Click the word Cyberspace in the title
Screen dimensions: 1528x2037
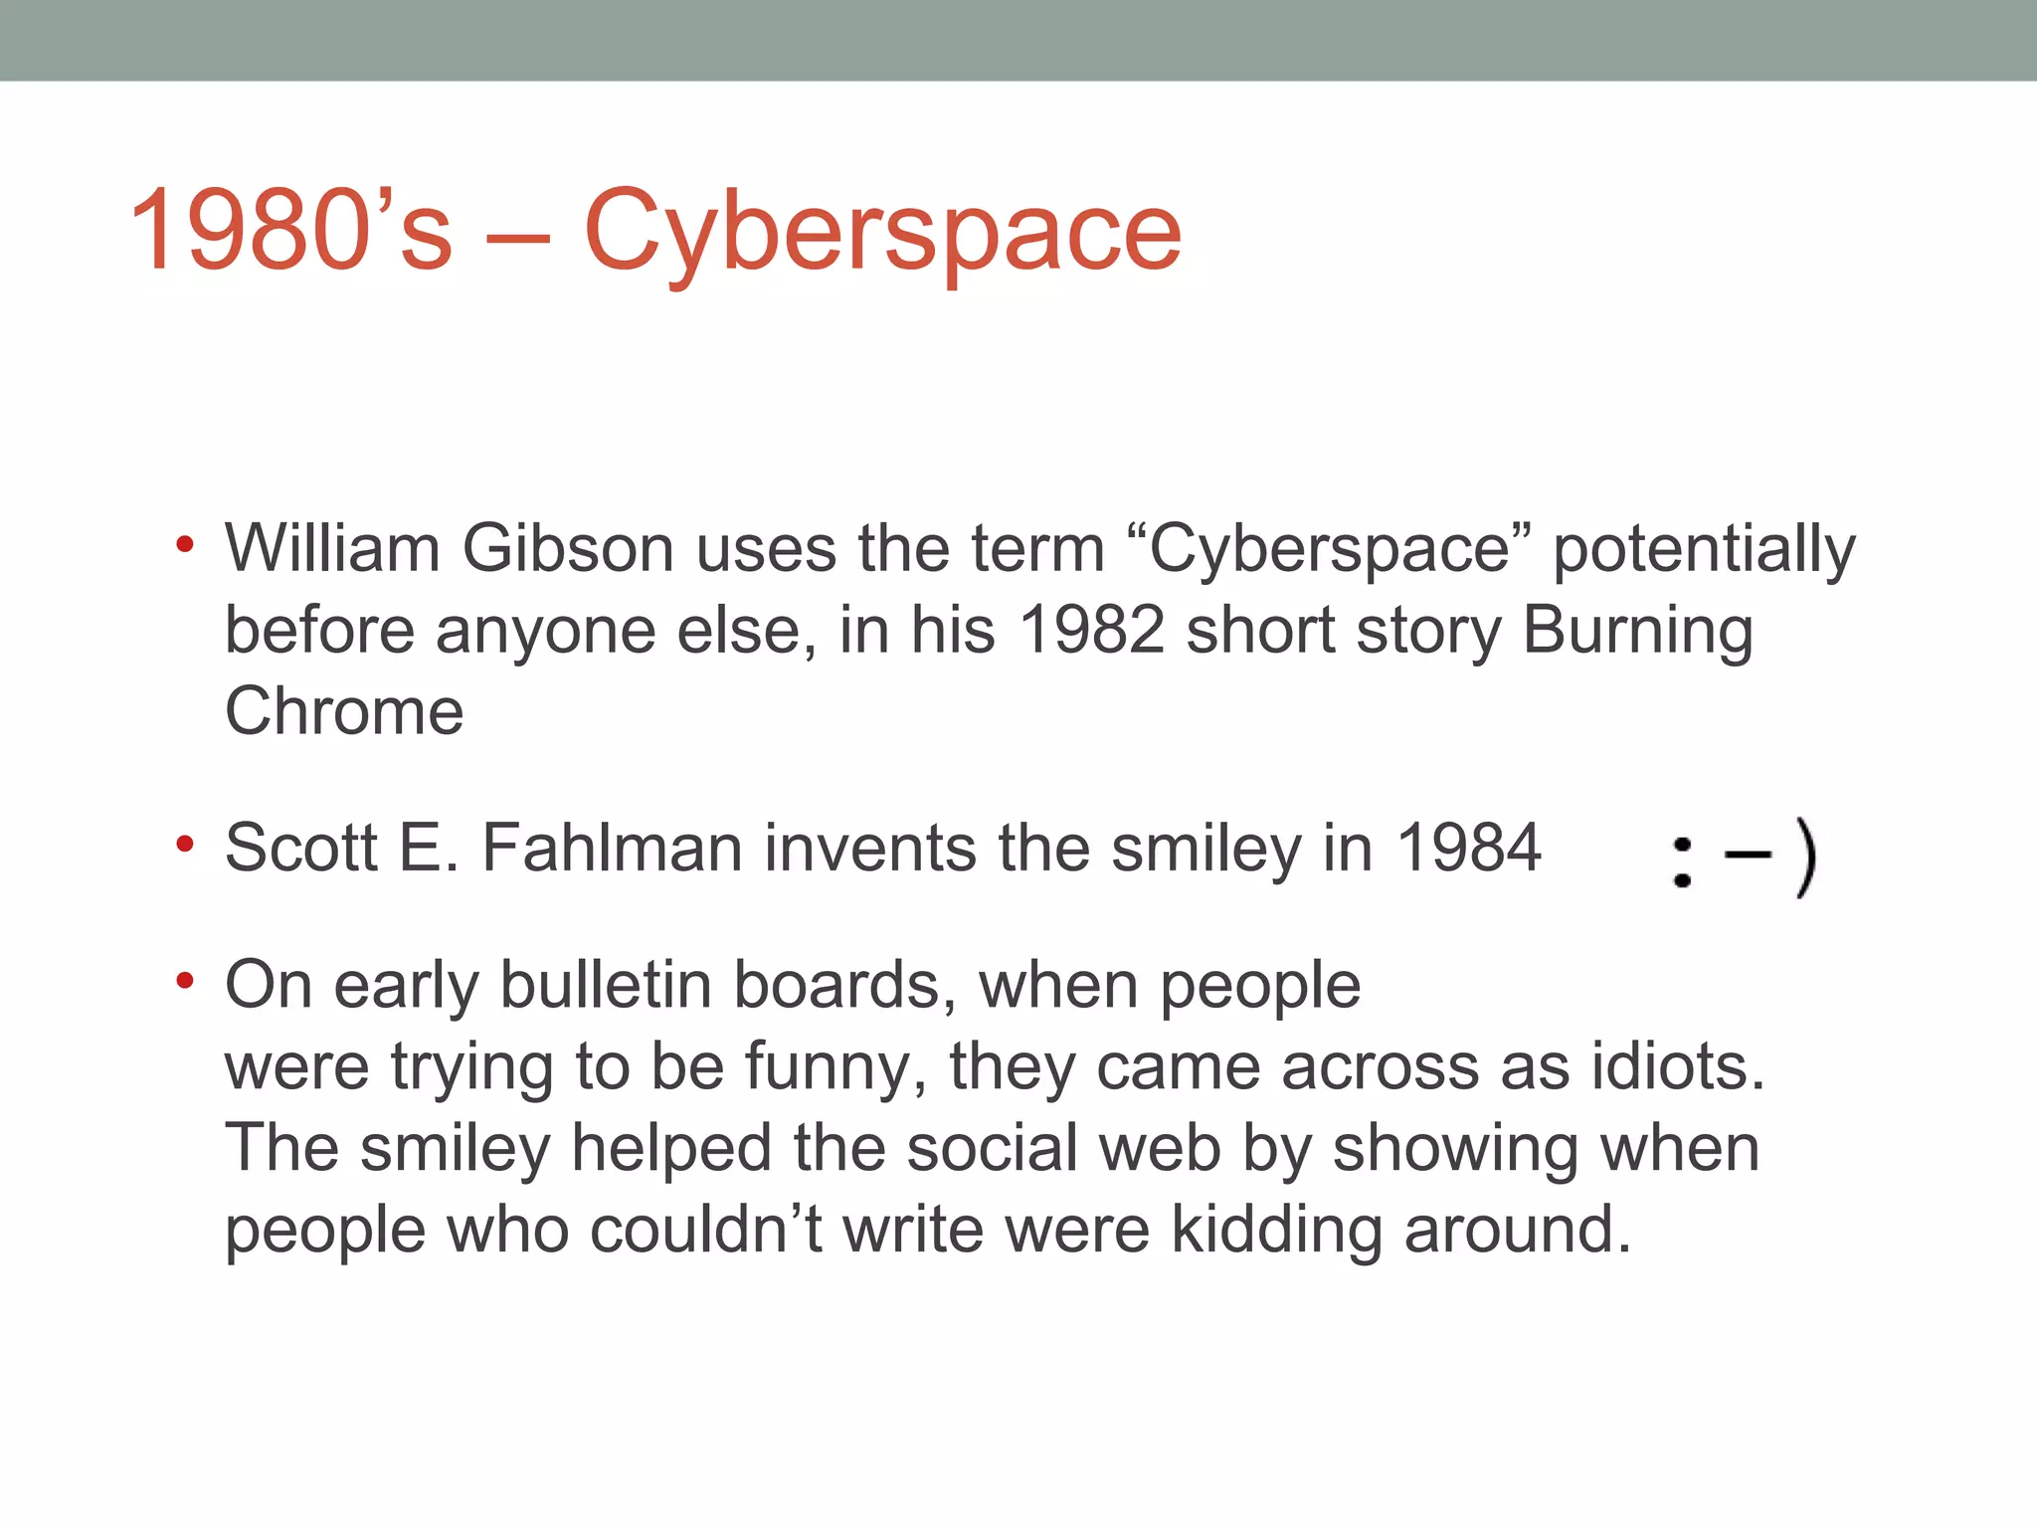tap(882, 231)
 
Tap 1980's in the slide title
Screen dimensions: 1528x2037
tap(290, 231)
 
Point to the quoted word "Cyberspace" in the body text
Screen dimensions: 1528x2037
tap(1330, 550)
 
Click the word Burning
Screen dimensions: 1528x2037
tap(1637, 632)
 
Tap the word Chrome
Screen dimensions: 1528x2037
tap(344, 711)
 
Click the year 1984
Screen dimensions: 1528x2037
tap(1469, 848)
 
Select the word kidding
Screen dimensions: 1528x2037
tap(1276, 1230)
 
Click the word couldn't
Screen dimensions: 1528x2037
tap(705, 1230)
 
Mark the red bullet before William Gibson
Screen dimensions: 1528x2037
tap(184, 544)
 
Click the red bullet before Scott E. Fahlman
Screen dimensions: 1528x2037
tap(184, 845)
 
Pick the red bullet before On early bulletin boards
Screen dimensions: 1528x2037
tap(184, 982)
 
